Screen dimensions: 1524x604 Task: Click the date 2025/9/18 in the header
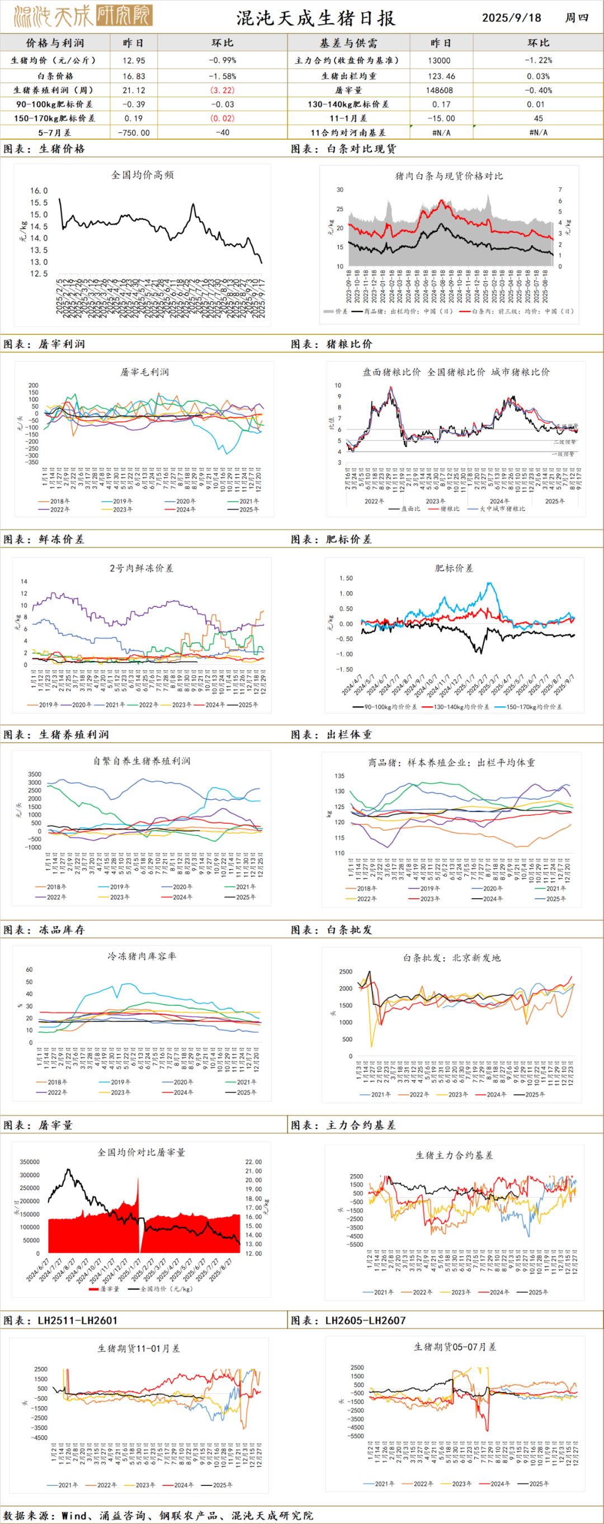(x=511, y=17)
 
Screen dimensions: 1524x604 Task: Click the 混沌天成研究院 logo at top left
(x=83, y=16)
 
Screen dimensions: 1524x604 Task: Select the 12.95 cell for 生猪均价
(x=134, y=60)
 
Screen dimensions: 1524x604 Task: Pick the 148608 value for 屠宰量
(x=439, y=91)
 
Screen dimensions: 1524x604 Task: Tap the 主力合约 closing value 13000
(x=439, y=60)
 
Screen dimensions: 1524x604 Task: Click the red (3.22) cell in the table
(x=222, y=91)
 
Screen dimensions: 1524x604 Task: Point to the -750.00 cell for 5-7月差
(x=134, y=132)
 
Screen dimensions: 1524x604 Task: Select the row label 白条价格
(x=55, y=77)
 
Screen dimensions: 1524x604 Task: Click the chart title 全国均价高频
(x=142, y=174)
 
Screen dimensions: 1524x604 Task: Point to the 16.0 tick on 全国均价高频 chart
(x=39, y=191)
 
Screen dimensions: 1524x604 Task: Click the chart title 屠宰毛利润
(x=144, y=372)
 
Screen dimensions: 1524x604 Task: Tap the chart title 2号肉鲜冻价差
(x=141, y=568)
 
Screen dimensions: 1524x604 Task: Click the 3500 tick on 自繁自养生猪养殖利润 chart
(x=34, y=774)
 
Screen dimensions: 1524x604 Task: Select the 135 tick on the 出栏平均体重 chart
(x=339, y=776)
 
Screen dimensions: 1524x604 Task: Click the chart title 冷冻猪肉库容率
(x=141, y=956)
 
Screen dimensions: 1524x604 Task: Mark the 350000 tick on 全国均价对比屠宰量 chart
(x=30, y=1162)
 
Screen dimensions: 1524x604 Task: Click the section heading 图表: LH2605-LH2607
(x=348, y=1321)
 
